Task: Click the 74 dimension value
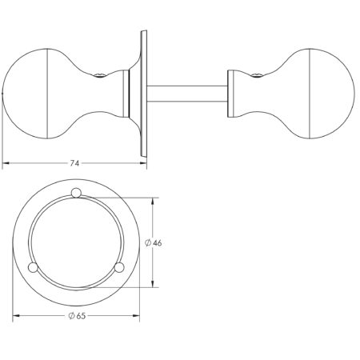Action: tap(74, 163)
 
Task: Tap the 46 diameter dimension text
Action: tap(158, 243)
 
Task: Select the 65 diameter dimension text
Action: tap(81, 316)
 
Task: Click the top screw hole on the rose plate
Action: tap(76, 193)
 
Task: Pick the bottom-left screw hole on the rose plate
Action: tap(33, 267)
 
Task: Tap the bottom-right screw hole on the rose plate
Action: tap(119, 267)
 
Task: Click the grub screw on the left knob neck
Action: tap(101, 75)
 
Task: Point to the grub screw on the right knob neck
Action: tap(257, 75)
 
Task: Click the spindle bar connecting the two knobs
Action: tap(187, 94)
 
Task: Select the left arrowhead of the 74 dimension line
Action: tap(6, 163)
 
